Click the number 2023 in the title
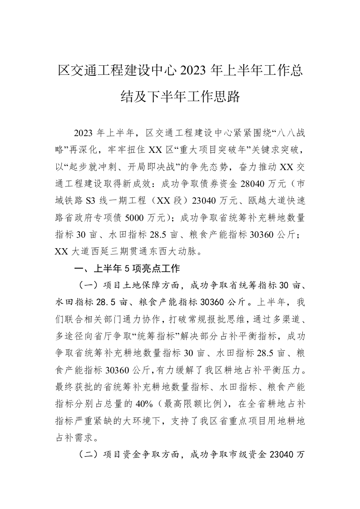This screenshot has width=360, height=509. click(193, 71)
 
